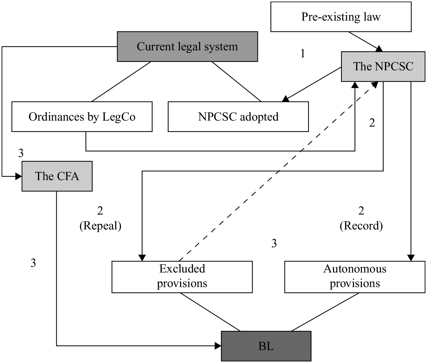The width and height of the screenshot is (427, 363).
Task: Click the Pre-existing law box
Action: [341, 17]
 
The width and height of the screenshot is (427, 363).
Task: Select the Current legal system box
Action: [187, 47]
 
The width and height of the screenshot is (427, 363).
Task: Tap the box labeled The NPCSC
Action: [383, 66]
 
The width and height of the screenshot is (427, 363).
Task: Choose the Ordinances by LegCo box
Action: [82, 116]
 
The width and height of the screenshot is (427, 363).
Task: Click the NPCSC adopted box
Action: [238, 116]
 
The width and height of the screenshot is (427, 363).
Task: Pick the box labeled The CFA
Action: [57, 176]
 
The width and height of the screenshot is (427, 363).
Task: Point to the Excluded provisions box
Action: [182, 277]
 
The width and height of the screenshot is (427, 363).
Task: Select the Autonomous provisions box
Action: [355, 277]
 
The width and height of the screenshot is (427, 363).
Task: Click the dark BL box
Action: [266, 346]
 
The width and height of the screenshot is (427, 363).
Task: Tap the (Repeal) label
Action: [100, 226]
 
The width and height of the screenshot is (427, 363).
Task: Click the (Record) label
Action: [361, 226]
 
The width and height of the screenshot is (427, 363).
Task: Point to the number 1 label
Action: [303, 53]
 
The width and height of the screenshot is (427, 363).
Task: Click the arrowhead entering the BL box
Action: [218, 346]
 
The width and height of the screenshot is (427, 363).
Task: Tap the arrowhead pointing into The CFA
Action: [19, 177]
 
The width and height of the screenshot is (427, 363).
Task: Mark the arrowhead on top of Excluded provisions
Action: [142, 258]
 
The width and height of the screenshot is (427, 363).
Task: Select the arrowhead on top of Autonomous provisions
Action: [411, 258]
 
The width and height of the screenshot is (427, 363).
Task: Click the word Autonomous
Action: [355, 269]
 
